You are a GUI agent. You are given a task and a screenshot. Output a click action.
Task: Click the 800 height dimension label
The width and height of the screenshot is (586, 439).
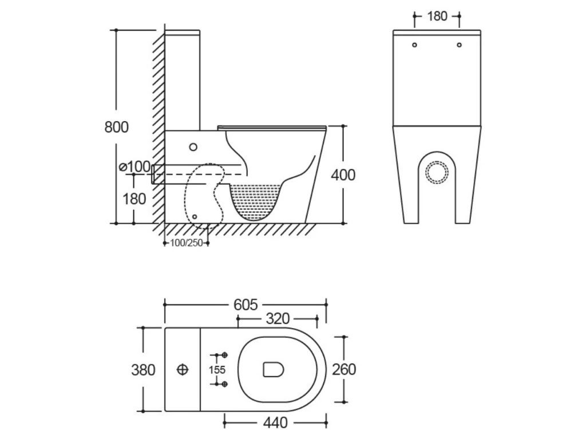click(116, 126)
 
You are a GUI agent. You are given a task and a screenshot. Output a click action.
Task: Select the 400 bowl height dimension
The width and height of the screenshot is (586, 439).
click(343, 174)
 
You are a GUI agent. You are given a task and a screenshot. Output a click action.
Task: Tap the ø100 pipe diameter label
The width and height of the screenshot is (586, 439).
click(134, 167)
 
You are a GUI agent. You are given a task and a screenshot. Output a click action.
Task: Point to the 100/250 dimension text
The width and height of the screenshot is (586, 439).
click(187, 243)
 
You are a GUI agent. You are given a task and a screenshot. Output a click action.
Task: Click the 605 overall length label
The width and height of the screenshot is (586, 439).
click(246, 305)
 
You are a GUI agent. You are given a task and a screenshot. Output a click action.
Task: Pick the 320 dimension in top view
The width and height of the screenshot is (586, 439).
click(278, 318)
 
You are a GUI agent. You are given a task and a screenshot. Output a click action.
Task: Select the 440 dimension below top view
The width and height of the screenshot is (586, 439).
click(275, 424)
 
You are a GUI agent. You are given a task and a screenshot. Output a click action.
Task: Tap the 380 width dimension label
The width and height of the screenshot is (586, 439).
click(144, 370)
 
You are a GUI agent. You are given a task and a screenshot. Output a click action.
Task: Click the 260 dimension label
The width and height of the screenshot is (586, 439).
click(343, 369)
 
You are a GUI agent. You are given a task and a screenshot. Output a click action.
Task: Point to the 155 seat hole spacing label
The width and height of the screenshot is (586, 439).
click(217, 370)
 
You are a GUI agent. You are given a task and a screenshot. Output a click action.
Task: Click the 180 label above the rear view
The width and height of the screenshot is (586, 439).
click(437, 16)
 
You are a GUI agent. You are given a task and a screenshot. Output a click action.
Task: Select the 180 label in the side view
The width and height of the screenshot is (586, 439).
click(133, 198)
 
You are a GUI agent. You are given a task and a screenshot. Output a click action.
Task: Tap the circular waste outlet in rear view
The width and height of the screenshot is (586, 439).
click(438, 171)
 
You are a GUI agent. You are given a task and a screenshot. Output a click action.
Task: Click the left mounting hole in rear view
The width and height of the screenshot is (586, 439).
click(415, 45)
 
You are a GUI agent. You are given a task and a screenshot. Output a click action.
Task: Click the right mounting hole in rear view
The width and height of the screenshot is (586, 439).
click(460, 45)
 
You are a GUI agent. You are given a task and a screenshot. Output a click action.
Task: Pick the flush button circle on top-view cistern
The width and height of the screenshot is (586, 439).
click(183, 369)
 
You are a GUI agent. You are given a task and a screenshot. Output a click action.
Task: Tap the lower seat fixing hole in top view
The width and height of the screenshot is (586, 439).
click(225, 383)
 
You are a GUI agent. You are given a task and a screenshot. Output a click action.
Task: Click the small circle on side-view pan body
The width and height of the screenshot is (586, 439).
click(193, 147)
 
